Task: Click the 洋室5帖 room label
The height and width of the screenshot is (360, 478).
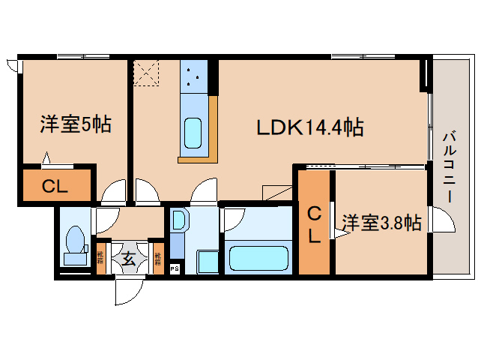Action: [75, 124]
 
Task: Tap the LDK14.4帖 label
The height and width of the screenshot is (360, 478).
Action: [310, 127]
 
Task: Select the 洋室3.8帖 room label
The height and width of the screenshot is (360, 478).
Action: [381, 223]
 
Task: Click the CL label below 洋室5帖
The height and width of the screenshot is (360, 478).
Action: [55, 187]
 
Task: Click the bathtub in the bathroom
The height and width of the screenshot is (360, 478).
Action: [256, 258]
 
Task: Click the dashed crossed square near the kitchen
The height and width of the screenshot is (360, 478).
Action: [145, 73]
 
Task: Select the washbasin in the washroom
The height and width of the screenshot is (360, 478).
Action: [179, 220]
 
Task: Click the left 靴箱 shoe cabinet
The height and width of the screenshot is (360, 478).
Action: [101, 259]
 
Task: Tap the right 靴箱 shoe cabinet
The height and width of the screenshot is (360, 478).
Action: [157, 259]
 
